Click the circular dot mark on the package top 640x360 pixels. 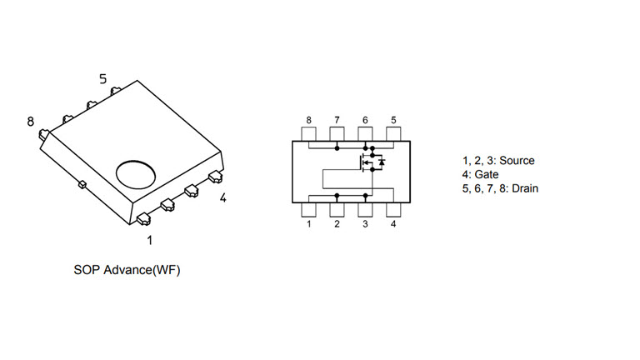[x=136, y=173]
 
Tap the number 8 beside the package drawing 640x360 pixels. [x=31, y=122]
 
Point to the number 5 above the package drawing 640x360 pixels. [x=103, y=79]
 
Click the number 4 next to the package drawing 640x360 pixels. [x=222, y=198]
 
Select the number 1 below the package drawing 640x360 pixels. [x=150, y=241]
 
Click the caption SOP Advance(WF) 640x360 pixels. [x=127, y=271]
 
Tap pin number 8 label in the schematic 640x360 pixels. [x=308, y=120]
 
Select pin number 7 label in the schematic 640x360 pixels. [x=337, y=120]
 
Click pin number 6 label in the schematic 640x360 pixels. [x=365, y=120]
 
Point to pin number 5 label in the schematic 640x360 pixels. [x=393, y=120]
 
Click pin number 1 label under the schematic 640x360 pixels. [x=308, y=224]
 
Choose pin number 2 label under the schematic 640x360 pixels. [x=337, y=224]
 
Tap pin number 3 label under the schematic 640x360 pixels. [x=365, y=224]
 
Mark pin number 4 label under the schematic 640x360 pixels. [x=393, y=224]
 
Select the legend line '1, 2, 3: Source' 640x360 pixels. [x=498, y=161]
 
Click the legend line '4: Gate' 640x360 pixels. [x=480, y=175]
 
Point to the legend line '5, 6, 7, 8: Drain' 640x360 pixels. [x=500, y=189]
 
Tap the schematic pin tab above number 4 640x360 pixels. [x=393, y=209]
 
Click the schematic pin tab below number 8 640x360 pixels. [x=308, y=134]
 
